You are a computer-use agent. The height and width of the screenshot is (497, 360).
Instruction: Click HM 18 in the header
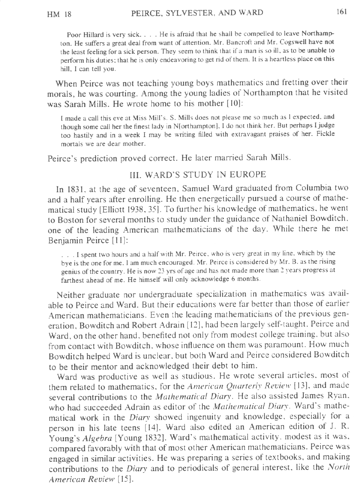[x=59, y=15]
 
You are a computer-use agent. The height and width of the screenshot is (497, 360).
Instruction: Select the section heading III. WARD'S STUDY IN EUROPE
[x=197, y=175]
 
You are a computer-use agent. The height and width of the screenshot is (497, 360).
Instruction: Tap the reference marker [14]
[x=152, y=427]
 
